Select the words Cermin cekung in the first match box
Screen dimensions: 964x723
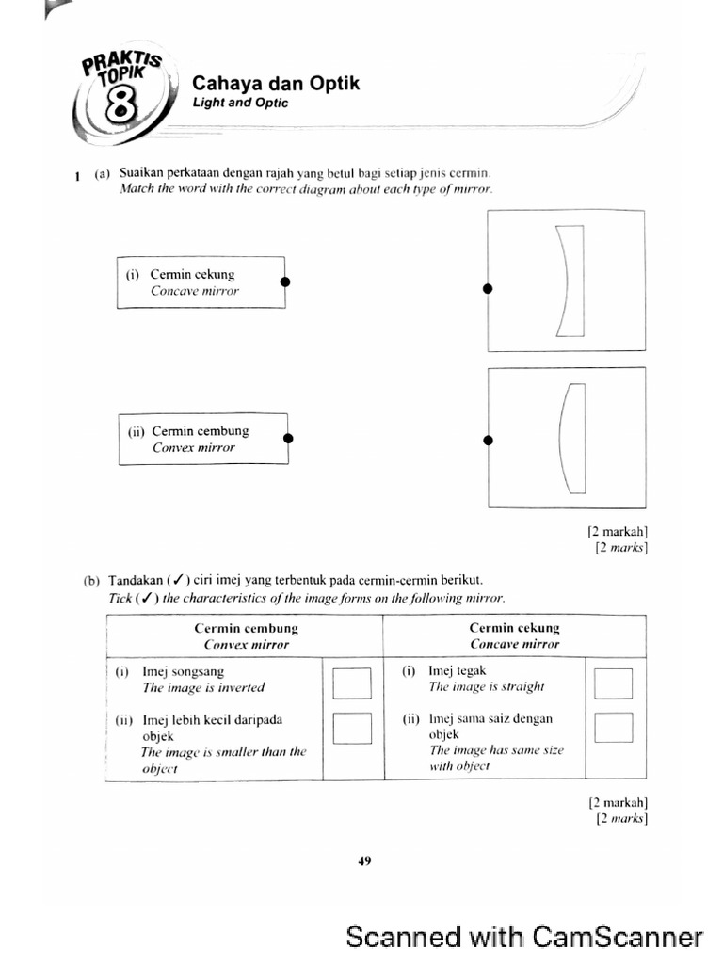coord(192,275)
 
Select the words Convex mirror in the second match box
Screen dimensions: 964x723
coord(193,447)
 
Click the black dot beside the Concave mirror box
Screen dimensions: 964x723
coord(285,281)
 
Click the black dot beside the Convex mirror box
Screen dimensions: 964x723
coord(288,438)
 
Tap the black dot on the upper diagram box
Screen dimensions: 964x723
coord(488,289)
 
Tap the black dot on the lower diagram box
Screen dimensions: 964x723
coord(488,440)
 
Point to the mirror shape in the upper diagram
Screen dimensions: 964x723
coord(570,280)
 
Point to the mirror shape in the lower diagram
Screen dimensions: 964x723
coord(572,439)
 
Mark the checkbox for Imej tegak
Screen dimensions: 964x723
coord(613,683)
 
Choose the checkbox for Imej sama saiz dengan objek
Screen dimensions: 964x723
coord(613,728)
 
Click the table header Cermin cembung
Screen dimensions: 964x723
coord(246,628)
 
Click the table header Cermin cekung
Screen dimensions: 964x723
coord(514,628)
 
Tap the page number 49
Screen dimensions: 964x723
coord(365,860)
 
